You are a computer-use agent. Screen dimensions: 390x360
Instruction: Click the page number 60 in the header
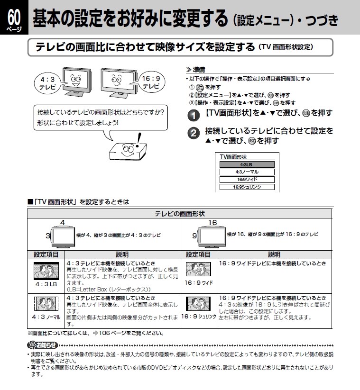14,18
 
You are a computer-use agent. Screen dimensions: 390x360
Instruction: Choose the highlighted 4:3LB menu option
247,164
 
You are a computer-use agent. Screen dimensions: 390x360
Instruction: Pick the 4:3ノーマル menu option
247,172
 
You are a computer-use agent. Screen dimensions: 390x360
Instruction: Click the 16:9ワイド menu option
247,180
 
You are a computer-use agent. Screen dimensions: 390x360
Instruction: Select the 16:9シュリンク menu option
247,187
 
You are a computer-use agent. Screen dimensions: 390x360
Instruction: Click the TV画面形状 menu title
233,156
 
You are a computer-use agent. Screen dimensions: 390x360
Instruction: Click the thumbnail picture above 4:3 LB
46,270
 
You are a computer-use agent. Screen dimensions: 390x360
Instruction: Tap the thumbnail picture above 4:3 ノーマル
46,303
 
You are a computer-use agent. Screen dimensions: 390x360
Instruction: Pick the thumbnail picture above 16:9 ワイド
198,269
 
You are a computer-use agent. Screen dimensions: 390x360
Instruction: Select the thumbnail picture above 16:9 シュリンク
198,303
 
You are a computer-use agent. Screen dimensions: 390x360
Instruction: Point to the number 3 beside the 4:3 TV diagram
47,236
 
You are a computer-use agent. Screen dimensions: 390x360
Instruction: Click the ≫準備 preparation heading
195,70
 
